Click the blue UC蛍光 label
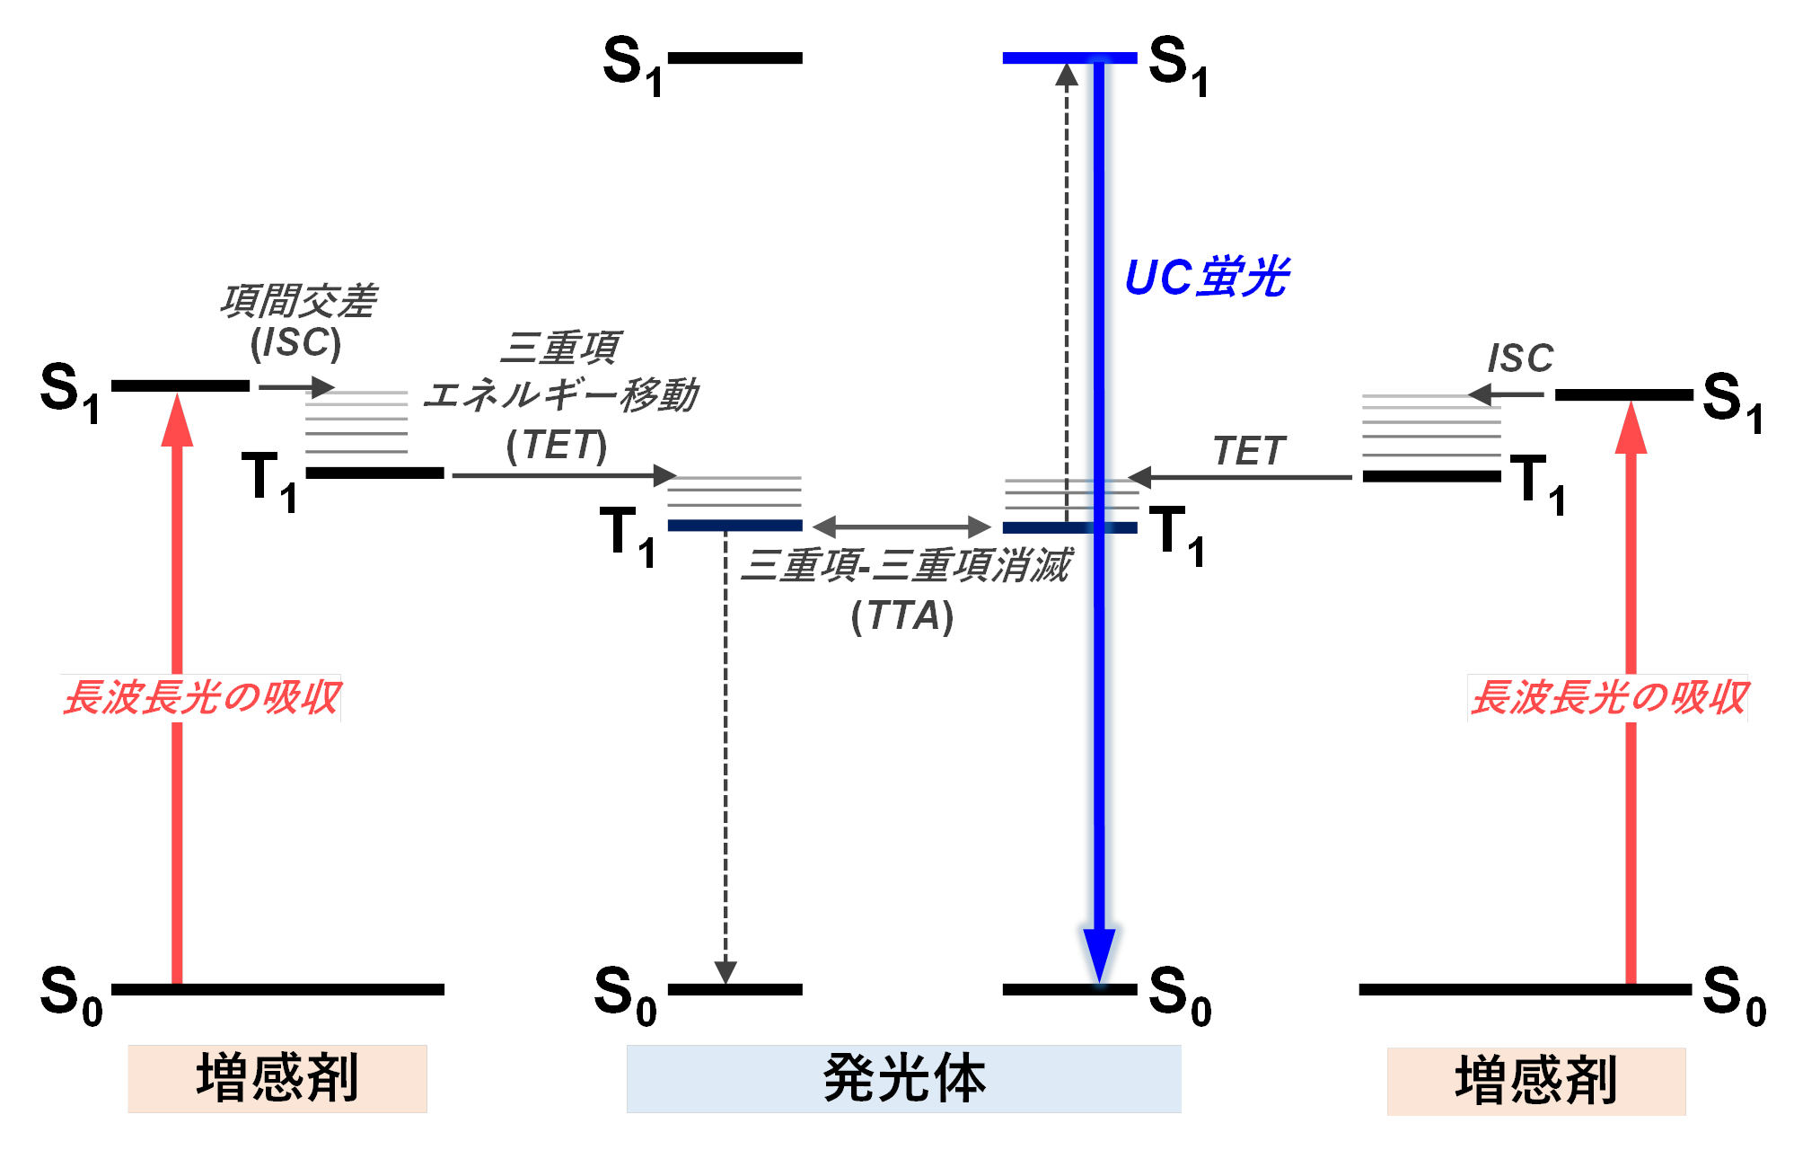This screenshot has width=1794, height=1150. (x=1206, y=278)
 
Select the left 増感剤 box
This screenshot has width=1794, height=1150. (x=277, y=1078)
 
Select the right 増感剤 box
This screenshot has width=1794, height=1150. (x=1535, y=1081)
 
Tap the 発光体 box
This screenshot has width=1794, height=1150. (x=903, y=1078)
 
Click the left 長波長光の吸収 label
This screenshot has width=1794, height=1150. (x=201, y=698)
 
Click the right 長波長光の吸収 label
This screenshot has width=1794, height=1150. (x=1607, y=698)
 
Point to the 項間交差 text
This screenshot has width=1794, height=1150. (x=299, y=302)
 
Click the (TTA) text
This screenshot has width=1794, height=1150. (x=901, y=617)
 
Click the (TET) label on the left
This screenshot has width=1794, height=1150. (x=557, y=446)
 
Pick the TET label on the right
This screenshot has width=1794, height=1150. (x=1249, y=451)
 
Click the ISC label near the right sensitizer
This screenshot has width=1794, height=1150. (x=1520, y=358)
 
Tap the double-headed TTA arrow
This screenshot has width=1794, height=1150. (x=901, y=526)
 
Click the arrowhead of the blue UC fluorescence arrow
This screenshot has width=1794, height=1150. (x=1099, y=954)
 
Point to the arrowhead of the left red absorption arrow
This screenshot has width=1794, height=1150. (x=177, y=420)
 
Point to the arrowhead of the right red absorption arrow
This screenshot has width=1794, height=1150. (x=1631, y=429)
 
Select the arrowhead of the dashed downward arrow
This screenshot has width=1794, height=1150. (x=726, y=971)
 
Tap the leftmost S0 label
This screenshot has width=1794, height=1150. (x=71, y=994)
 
